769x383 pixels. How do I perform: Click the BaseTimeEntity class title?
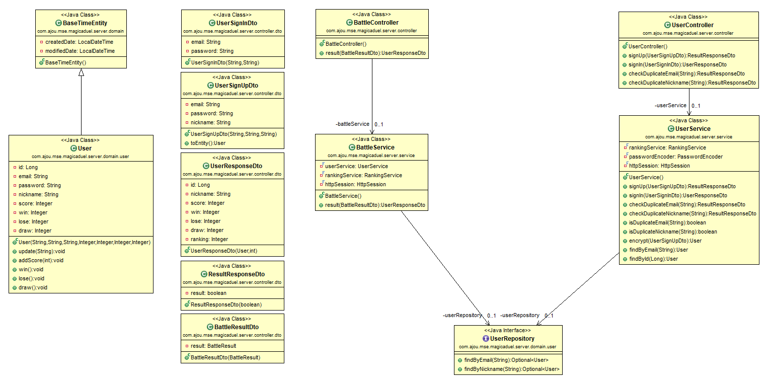[85, 23]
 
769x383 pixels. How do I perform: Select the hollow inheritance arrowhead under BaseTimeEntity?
[81, 72]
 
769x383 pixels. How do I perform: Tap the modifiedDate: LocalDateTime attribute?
[80, 51]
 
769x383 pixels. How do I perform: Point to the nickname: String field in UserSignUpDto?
[210, 122]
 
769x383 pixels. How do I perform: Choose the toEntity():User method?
[208, 143]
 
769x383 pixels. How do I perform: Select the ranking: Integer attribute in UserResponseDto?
[209, 239]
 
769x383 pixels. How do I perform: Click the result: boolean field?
[208, 293]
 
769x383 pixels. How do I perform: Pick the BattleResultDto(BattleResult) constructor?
[225, 357]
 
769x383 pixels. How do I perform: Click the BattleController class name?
[376, 22]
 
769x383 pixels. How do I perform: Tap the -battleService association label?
[352, 124]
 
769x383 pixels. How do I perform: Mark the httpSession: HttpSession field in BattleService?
[355, 184]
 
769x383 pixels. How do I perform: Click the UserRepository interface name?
[512, 338]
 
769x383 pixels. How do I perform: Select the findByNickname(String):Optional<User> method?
[512, 369]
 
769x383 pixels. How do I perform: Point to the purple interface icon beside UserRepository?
[486, 338]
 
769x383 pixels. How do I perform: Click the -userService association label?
[670, 105]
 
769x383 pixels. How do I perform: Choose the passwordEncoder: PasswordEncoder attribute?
[675, 157]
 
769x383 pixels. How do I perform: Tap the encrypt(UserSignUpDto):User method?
[665, 241]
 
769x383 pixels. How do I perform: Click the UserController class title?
[693, 25]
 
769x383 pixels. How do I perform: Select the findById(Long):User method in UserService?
[653, 259]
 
